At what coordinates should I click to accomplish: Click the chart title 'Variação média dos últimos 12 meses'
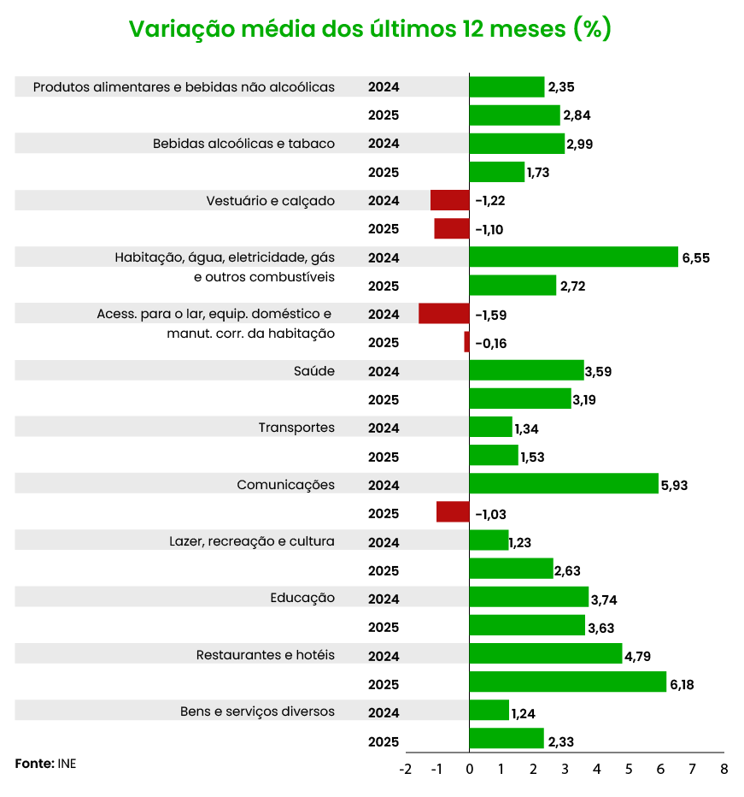(370, 29)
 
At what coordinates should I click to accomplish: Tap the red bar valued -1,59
(443, 314)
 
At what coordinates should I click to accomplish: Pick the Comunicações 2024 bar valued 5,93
(564, 484)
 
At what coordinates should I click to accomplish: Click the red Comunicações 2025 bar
(453, 512)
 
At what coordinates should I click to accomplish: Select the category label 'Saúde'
(313, 371)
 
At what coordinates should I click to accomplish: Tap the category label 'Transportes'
(296, 428)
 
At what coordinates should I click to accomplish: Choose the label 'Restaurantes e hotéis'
(266, 655)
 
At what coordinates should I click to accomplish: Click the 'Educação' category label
(302, 598)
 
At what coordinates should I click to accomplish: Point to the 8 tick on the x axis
(723, 769)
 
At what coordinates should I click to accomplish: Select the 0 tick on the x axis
(469, 769)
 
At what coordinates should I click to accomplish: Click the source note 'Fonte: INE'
(45, 763)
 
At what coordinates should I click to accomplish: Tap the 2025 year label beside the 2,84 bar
(384, 115)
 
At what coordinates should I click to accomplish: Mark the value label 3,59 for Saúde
(598, 371)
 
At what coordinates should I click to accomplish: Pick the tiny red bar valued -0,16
(466, 342)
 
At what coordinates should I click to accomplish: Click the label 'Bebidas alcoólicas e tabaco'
(243, 144)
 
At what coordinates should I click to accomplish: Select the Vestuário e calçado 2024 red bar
(449, 200)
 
